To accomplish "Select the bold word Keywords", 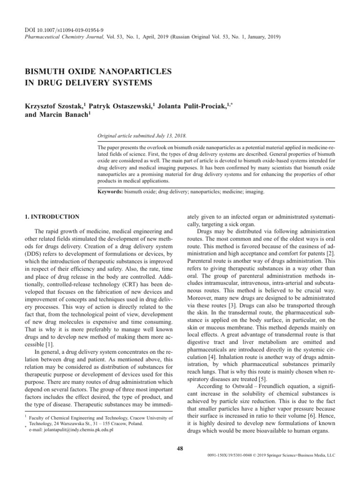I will pos(110,192).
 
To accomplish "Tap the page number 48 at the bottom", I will pos(180,449).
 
